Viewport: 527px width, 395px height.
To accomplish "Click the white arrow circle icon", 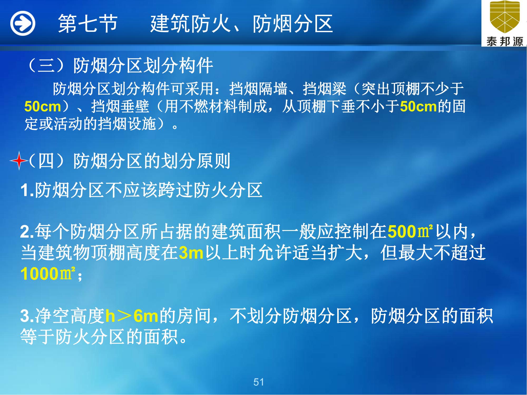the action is click(23, 23).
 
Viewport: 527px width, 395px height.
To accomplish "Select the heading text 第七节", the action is click(88, 24).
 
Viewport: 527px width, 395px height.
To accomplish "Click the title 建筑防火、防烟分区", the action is click(242, 24).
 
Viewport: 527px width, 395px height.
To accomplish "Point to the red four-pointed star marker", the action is click(19, 161).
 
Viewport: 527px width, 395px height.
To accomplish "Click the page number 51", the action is click(258, 382).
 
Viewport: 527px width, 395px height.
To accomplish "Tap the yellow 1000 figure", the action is click(39, 274).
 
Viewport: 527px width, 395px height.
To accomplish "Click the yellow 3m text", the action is click(191, 253).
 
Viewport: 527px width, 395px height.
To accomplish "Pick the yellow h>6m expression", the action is click(132, 316).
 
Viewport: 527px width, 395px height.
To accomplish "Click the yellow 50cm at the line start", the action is click(43, 107).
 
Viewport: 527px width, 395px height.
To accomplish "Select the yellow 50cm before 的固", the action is click(418, 107).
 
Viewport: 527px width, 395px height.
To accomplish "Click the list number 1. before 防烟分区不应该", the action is click(27, 190).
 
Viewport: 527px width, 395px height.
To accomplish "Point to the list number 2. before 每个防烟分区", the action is click(27, 232).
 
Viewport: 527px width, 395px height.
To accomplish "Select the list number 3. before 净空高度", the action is click(27, 316).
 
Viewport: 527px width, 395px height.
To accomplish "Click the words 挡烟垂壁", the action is click(120, 107).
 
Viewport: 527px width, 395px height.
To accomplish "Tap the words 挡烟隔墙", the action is click(258, 89).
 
